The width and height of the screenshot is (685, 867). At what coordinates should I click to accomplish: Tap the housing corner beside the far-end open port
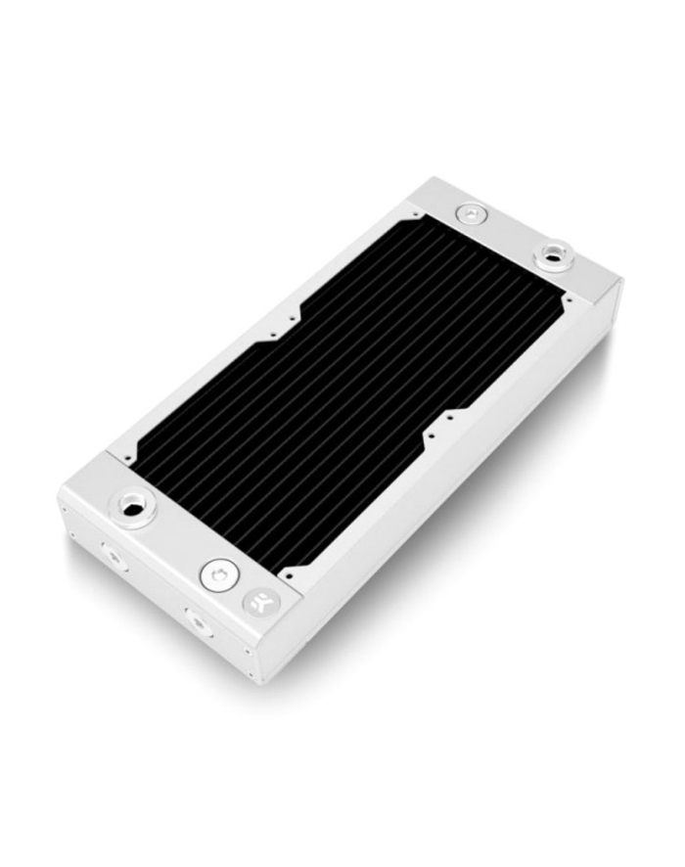pos(618,284)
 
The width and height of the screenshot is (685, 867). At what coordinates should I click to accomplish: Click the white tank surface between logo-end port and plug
pos(176,538)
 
